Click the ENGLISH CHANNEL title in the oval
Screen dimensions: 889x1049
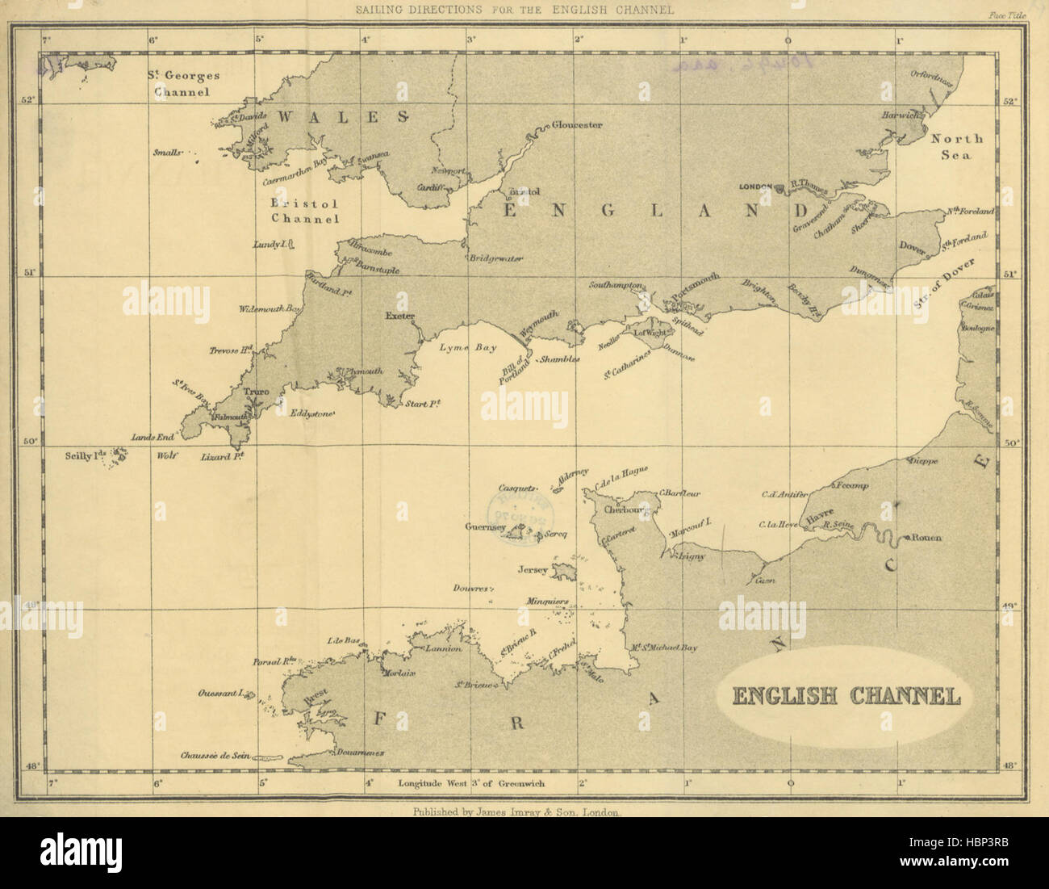pyautogui.click(x=846, y=696)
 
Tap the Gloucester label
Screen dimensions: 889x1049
pyautogui.click(x=577, y=125)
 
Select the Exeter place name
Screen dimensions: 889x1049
pyautogui.click(x=399, y=316)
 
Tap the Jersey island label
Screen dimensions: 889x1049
pyautogui.click(x=533, y=570)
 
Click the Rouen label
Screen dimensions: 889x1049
pyautogui.click(x=927, y=538)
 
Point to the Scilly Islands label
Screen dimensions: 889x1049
pyautogui.click(x=86, y=456)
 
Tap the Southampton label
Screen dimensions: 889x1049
pyautogui.click(x=616, y=285)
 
